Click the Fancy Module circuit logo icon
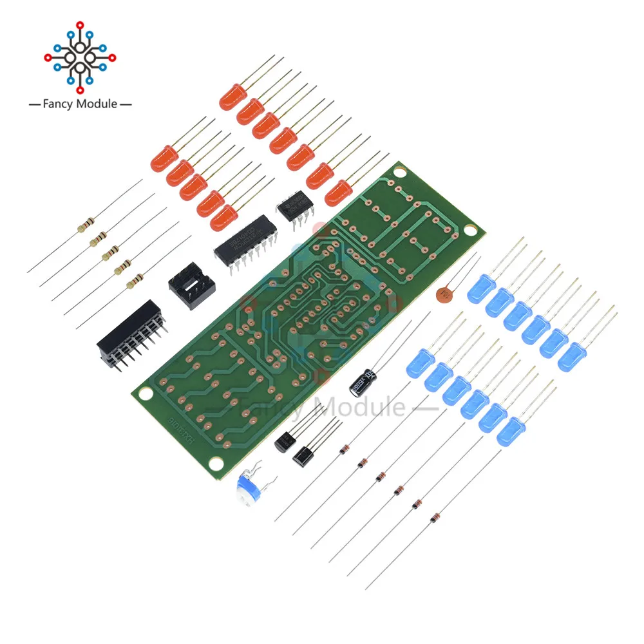point(80,57)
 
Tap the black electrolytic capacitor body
point(360,383)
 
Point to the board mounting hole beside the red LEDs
point(401,172)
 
